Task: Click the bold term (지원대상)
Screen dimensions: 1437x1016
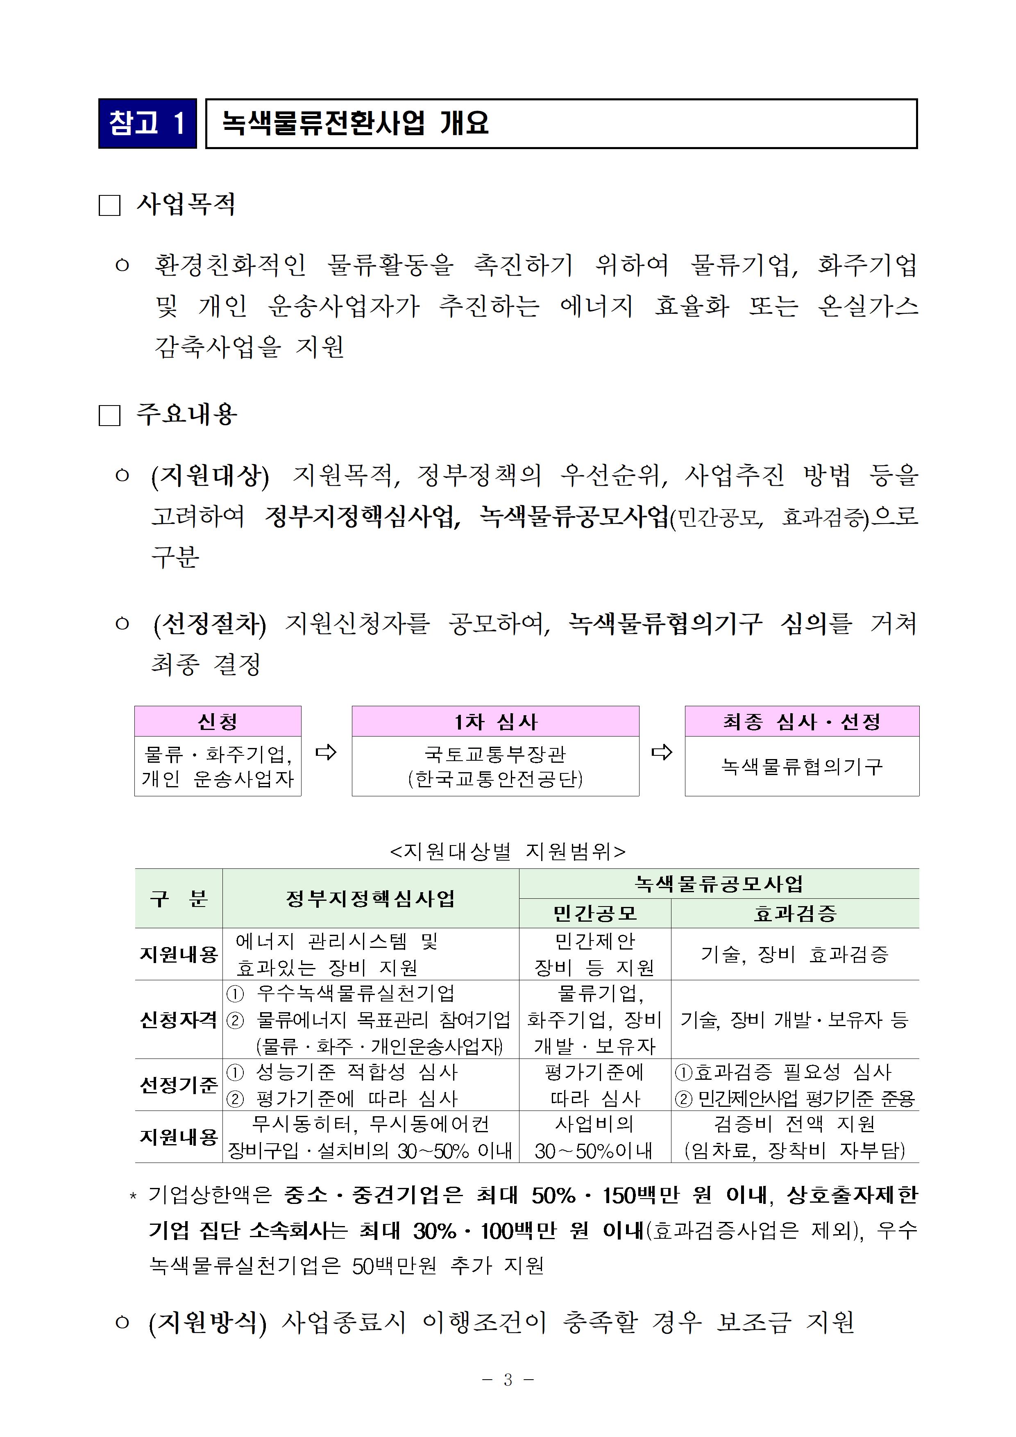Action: (x=210, y=476)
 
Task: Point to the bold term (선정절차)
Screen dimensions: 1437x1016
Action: (x=210, y=624)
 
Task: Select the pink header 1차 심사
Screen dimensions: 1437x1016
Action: (x=495, y=722)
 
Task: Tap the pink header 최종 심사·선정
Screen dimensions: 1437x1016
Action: (x=801, y=722)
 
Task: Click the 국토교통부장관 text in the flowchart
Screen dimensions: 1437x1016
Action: (x=495, y=754)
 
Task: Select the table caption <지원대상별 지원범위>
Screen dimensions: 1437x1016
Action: (x=508, y=851)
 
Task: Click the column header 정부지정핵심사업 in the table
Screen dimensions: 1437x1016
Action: (x=371, y=899)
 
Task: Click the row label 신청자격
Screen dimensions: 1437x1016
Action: (x=178, y=1020)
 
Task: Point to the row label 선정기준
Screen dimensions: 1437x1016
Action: (x=178, y=1085)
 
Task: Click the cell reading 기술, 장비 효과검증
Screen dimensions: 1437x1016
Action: (x=795, y=954)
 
